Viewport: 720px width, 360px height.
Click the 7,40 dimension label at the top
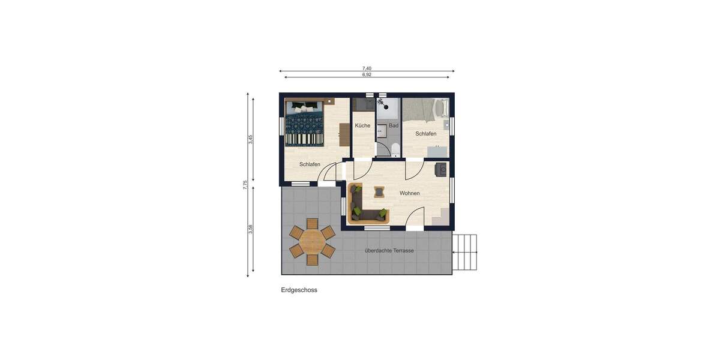367,68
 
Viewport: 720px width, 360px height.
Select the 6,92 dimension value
367,74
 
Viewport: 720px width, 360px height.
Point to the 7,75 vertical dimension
245,185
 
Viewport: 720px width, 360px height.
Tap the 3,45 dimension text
251,139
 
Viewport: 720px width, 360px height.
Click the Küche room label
362,125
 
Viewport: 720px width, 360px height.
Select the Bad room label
394,125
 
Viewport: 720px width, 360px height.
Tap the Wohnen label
409,193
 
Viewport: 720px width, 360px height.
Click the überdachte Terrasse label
389,250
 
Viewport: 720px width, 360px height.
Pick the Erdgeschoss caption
299,290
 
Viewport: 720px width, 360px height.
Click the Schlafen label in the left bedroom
310,164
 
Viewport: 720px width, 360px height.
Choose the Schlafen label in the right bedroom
426,134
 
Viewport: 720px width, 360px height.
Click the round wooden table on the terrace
312,242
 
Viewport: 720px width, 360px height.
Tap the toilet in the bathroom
394,150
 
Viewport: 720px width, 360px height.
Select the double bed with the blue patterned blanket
305,123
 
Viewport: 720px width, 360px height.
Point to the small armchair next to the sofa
379,191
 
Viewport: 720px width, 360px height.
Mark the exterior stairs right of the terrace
464,252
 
